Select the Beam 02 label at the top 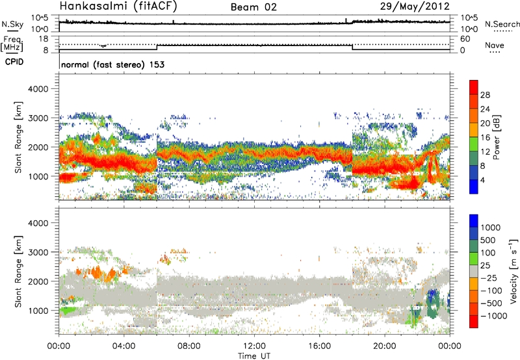point(254,8)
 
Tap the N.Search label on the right point(502,25)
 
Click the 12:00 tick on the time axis point(254,346)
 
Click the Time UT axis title point(254,355)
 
